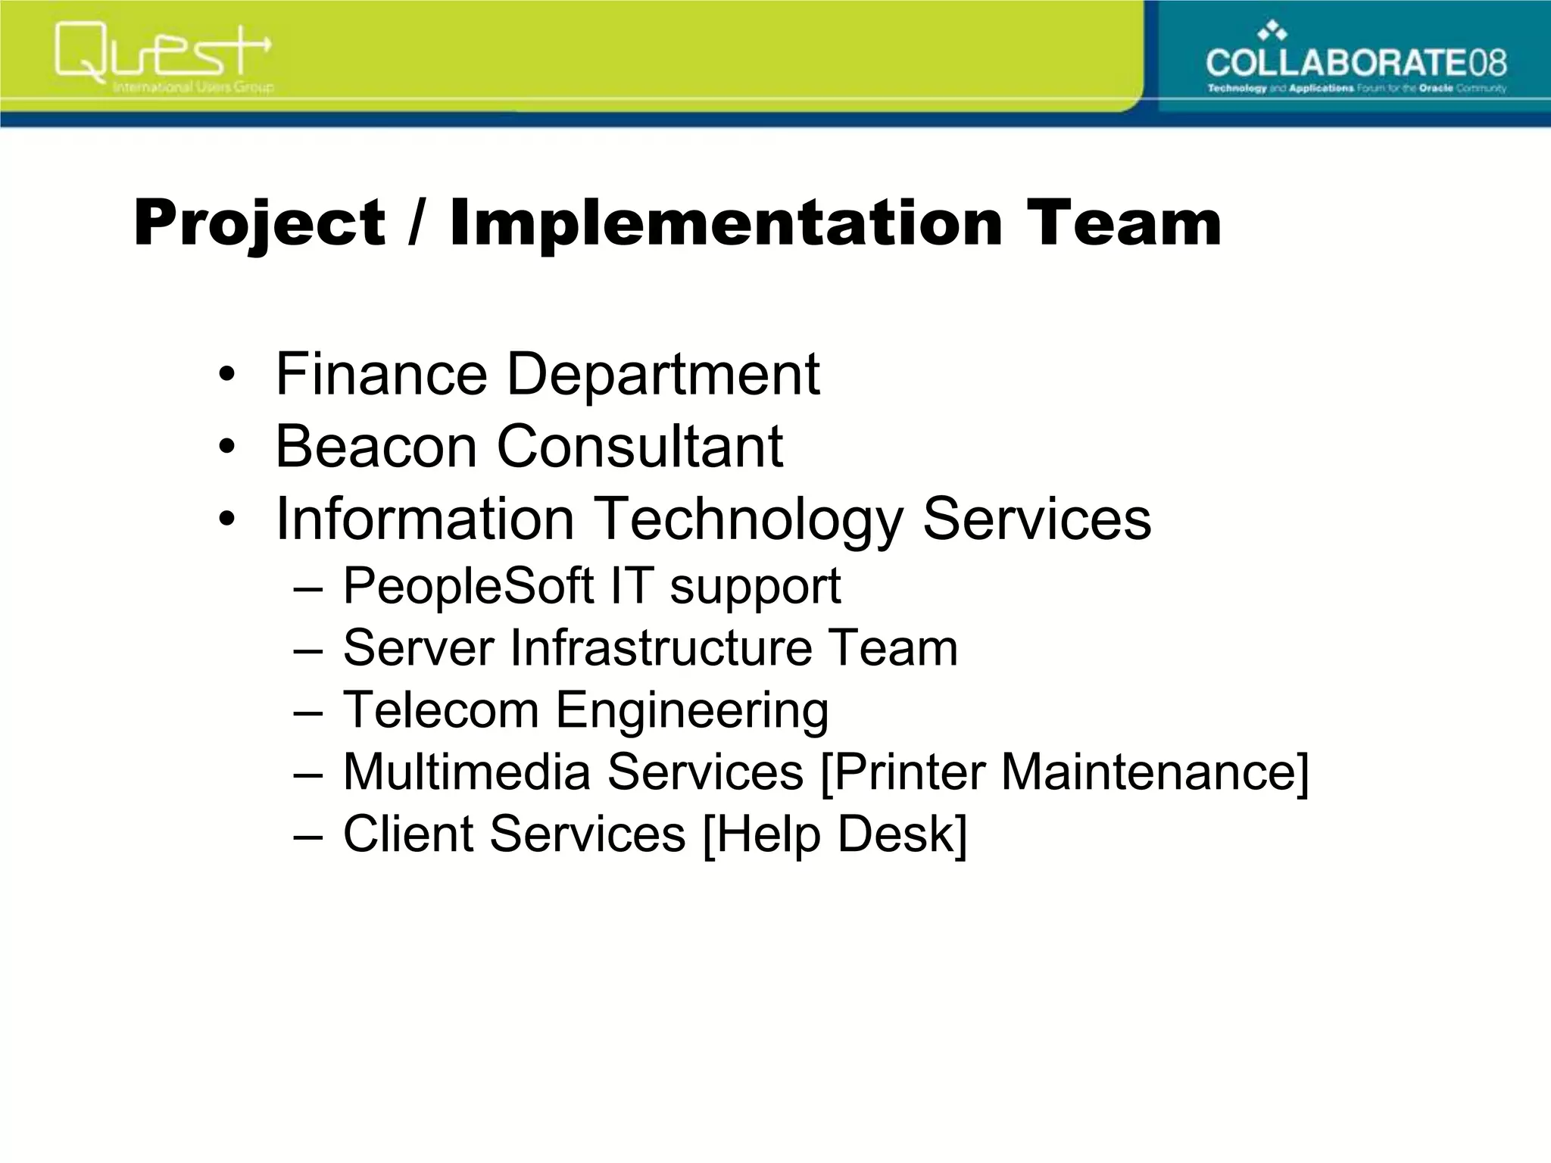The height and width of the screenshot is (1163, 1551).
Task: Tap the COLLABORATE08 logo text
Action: pyautogui.click(x=1356, y=62)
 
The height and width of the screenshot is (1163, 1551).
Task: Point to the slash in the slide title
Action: pyautogui.click(x=416, y=223)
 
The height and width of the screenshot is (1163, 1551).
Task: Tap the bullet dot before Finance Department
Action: pyautogui.click(x=226, y=375)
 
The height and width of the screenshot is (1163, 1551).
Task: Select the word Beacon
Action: pyautogui.click(x=376, y=446)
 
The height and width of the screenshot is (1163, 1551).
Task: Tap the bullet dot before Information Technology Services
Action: pyautogui.click(x=226, y=519)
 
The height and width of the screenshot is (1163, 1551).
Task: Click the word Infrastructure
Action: pyautogui.click(x=660, y=647)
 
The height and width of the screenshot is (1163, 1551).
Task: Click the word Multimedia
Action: pyautogui.click(x=467, y=772)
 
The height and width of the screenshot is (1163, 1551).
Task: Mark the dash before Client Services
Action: pyautogui.click(x=308, y=835)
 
